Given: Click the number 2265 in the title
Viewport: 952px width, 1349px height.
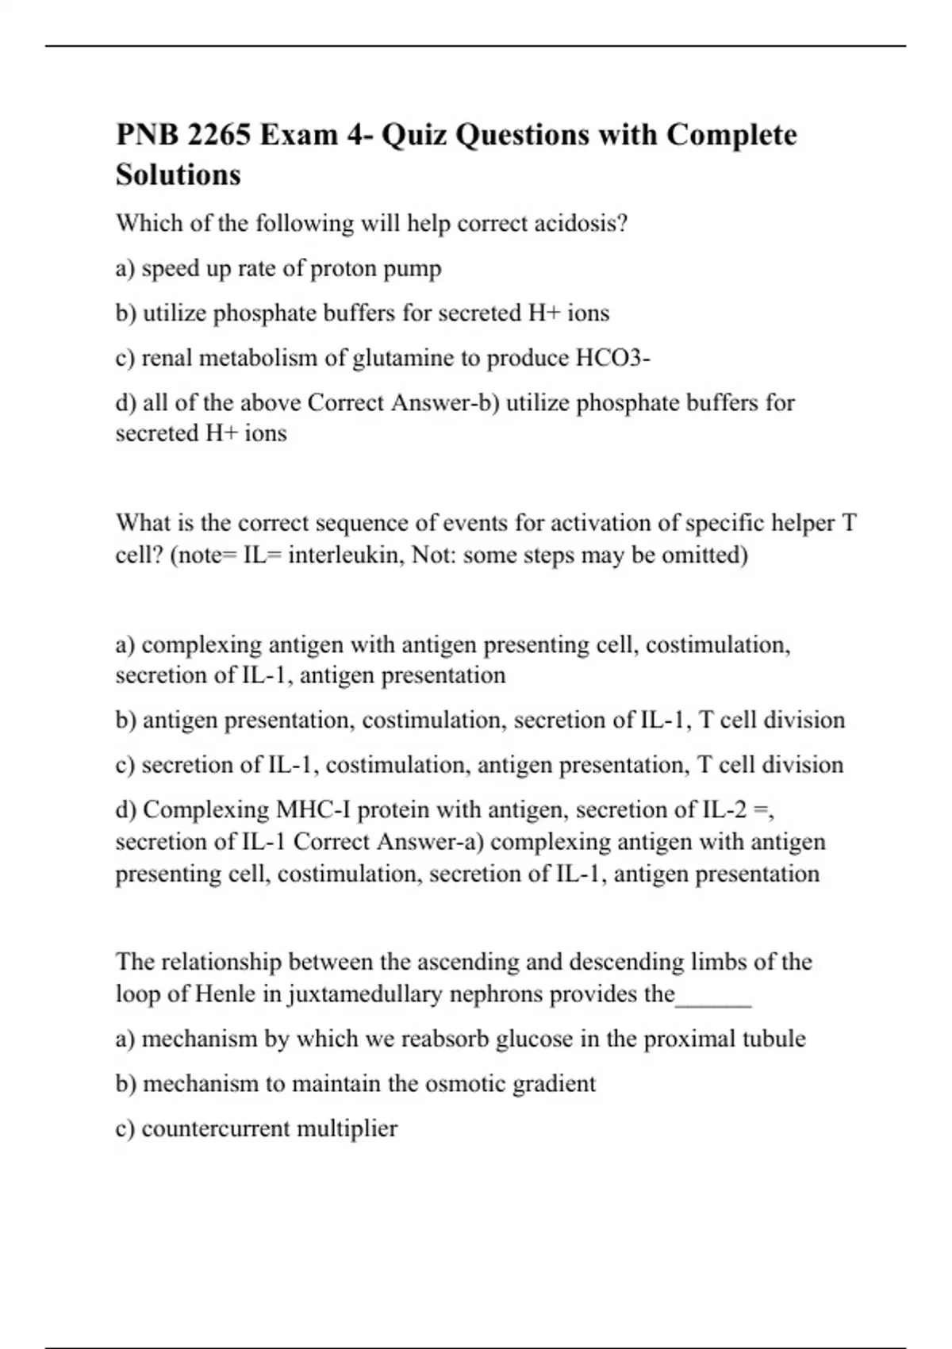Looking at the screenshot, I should point(217,135).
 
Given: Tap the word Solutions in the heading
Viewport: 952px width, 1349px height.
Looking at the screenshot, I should point(178,175).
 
